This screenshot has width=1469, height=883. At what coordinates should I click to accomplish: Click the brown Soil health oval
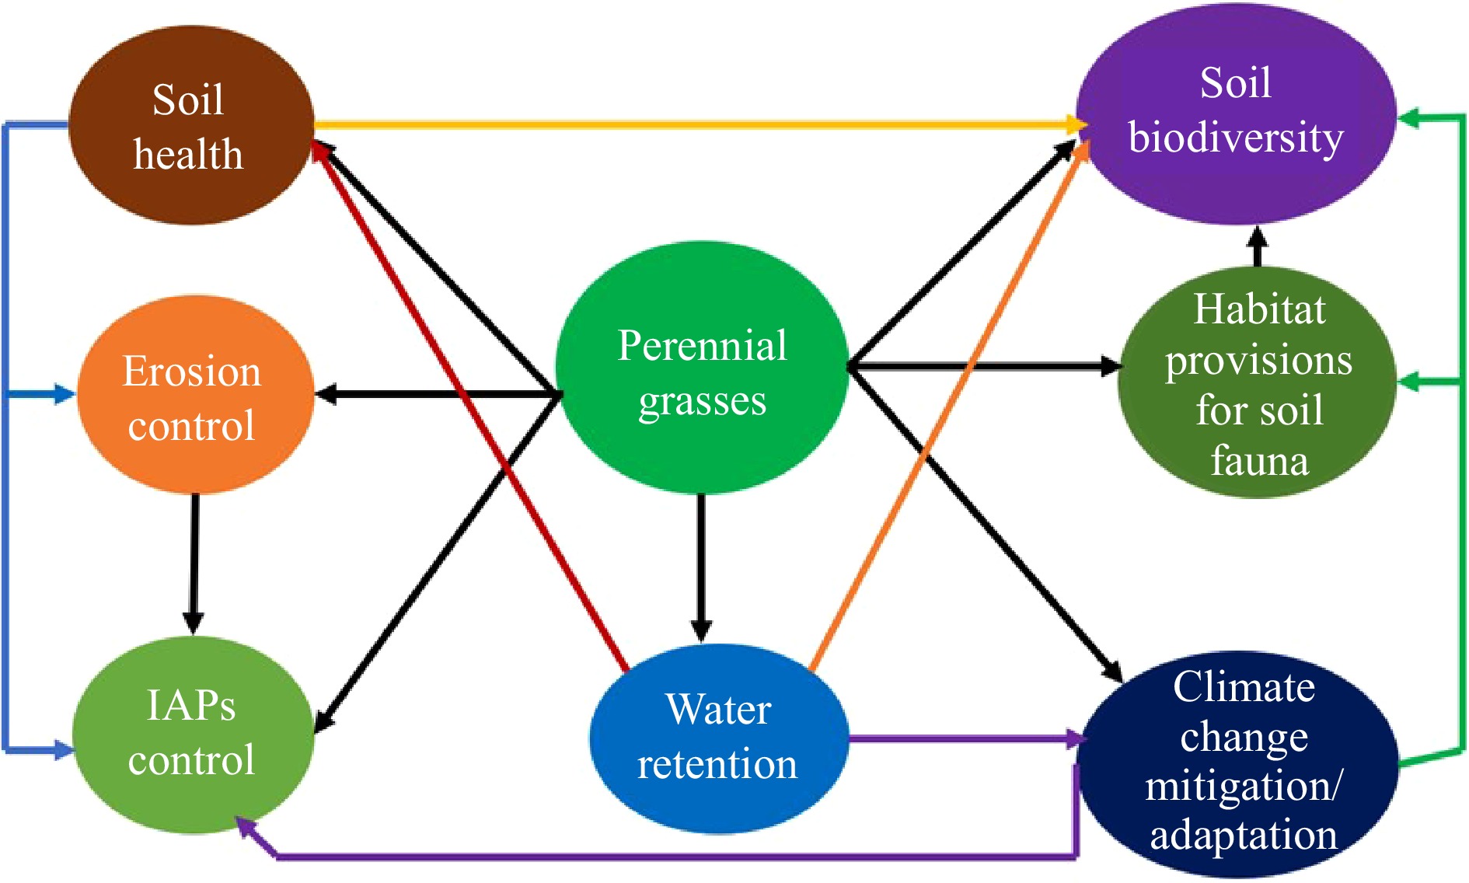coord(190,126)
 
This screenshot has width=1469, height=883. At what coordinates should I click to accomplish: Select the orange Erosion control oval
coord(194,395)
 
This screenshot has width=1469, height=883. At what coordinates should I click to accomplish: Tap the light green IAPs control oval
coord(192,735)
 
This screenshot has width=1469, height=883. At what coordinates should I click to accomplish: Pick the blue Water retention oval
coord(717,738)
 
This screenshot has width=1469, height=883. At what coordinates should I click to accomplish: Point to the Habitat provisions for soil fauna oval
coord(1257,382)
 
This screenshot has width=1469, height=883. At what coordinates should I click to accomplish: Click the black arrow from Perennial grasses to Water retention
coord(701,567)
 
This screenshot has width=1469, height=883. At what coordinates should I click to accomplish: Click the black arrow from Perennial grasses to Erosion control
coord(435,395)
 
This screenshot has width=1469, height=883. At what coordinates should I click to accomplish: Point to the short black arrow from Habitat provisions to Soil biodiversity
coord(1258,246)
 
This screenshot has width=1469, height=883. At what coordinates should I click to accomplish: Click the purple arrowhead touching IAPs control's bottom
coord(246,827)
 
